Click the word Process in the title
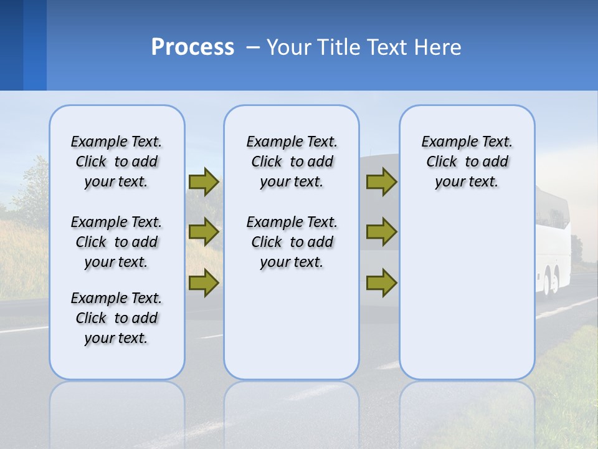[192, 47]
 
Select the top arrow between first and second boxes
[204, 181]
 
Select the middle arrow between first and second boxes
[204, 232]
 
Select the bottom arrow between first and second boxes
[204, 283]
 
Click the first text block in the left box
[116, 162]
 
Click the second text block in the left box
[116, 242]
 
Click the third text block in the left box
[116, 318]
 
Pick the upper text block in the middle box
[292, 162]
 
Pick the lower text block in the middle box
[292, 242]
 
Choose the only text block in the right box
[467, 162]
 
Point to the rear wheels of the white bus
[551, 281]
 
